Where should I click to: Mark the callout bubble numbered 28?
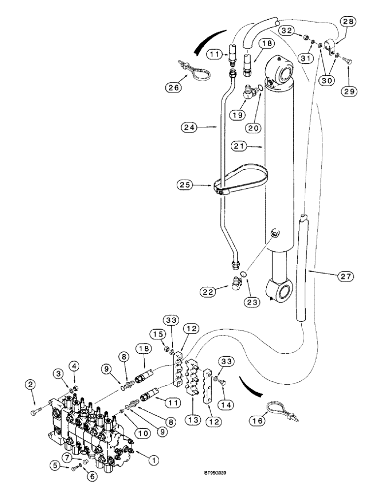(348, 22)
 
